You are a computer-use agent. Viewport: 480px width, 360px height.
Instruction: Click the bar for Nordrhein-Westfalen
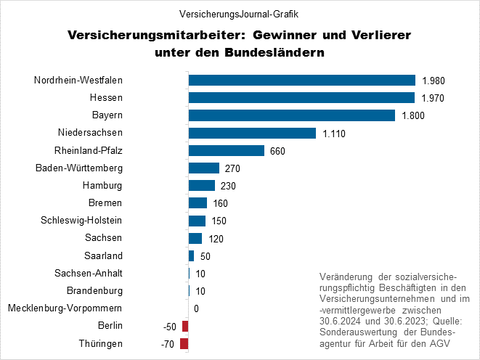tap(301, 81)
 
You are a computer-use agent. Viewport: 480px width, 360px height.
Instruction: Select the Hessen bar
tap(301, 98)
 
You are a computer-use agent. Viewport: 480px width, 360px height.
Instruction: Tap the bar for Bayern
tap(291, 115)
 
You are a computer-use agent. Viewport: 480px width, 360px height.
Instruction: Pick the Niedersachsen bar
tap(252, 133)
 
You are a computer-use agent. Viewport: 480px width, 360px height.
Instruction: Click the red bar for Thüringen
tap(184, 344)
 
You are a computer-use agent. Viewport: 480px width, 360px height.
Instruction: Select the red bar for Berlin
tap(185, 327)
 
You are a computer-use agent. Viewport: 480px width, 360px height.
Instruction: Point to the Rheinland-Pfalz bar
tap(226, 150)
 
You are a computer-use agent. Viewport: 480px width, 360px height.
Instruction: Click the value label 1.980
tap(433, 81)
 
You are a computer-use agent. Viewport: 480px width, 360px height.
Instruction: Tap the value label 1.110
tap(334, 134)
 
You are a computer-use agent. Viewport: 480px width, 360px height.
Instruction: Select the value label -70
tap(169, 344)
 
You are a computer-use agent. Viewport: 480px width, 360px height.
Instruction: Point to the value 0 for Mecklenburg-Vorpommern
tap(197, 309)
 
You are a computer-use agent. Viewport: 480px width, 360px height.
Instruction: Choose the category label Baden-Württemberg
tap(79, 168)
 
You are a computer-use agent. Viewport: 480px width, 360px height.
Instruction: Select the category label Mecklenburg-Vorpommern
tap(65, 308)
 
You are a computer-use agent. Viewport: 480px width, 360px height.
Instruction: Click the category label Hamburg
tap(102, 186)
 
